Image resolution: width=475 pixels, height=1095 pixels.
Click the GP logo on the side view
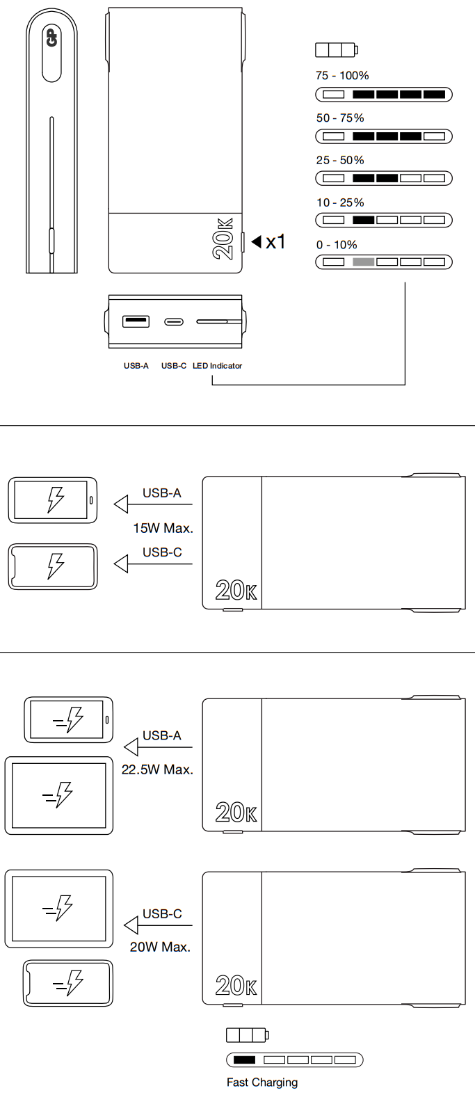[51, 38]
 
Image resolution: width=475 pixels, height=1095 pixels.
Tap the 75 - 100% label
[342, 76]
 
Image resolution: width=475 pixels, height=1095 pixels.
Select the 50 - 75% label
[340, 118]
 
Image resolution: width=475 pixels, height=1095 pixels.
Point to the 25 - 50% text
[340, 160]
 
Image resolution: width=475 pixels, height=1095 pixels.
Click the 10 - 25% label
[340, 202]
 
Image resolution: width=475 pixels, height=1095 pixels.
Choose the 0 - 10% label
[337, 245]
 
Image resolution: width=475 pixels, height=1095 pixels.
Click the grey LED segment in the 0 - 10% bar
[363, 262]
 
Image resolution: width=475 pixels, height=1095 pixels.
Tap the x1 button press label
[275, 241]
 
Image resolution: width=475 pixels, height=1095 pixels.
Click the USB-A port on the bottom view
[136, 321]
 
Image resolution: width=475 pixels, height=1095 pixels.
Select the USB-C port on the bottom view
[174, 321]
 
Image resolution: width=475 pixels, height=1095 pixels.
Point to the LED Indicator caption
[217, 366]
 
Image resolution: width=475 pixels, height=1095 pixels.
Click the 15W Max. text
[163, 529]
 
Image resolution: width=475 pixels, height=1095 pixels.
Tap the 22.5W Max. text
[157, 770]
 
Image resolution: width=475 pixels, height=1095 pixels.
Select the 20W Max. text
[160, 948]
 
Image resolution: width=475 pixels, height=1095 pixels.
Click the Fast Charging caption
[262, 1082]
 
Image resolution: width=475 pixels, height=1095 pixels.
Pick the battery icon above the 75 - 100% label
[336, 50]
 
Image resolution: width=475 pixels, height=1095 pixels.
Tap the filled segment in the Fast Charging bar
[244, 1060]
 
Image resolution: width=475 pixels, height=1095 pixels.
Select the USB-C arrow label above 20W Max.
[162, 914]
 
